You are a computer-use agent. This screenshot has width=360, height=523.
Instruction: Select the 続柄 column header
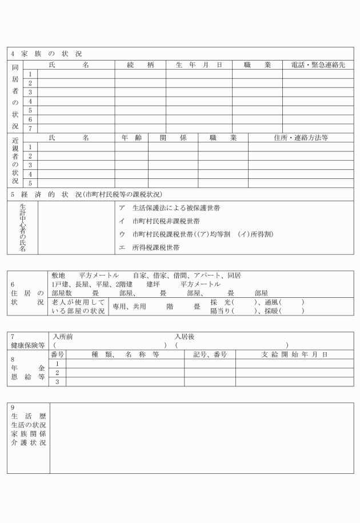tap(140, 65)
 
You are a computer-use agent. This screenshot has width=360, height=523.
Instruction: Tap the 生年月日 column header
tap(198, 65)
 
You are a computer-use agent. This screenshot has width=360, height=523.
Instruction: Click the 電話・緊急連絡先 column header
tap(318, 65)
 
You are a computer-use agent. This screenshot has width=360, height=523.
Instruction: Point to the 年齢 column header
tap(131, 138)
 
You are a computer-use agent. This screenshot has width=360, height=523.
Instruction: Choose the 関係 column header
tap(173, 138)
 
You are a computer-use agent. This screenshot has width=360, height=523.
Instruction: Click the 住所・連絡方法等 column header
tap(300, 138)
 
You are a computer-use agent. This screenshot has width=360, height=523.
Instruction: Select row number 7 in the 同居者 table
tap(30, 129)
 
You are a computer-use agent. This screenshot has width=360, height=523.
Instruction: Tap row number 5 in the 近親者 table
tap(30, 183)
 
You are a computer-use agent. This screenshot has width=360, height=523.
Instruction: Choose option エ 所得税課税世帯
tap(149, 248)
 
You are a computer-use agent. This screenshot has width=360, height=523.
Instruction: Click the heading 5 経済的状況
tap(86, 194)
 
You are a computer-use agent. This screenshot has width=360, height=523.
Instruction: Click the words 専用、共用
tap(129, 306)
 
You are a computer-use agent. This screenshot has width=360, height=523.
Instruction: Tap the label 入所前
tap(62, 337)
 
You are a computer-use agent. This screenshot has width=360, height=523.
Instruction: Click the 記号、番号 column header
tap(210, 355)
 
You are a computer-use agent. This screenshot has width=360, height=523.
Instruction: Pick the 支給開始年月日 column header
tap(294, 355)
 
